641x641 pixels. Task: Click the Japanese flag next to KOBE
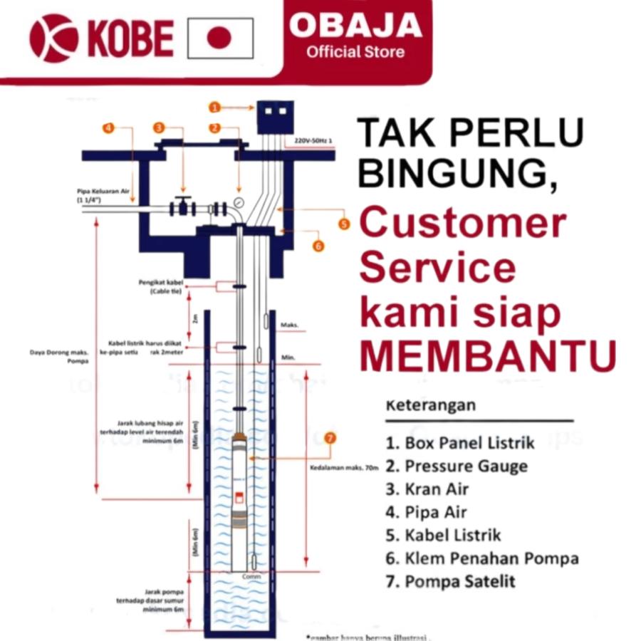[221, 38]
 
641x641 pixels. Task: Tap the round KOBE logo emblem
[54, 38]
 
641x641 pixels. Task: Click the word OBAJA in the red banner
[355, 26]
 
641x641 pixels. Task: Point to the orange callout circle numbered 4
[108, 128]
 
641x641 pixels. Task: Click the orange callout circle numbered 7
[329, 438]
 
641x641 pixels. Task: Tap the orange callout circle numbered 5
[344, 224]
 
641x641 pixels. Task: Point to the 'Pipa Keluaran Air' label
[103, 191]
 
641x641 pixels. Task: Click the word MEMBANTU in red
[488, 356]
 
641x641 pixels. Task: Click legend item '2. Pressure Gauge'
[466, 467]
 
